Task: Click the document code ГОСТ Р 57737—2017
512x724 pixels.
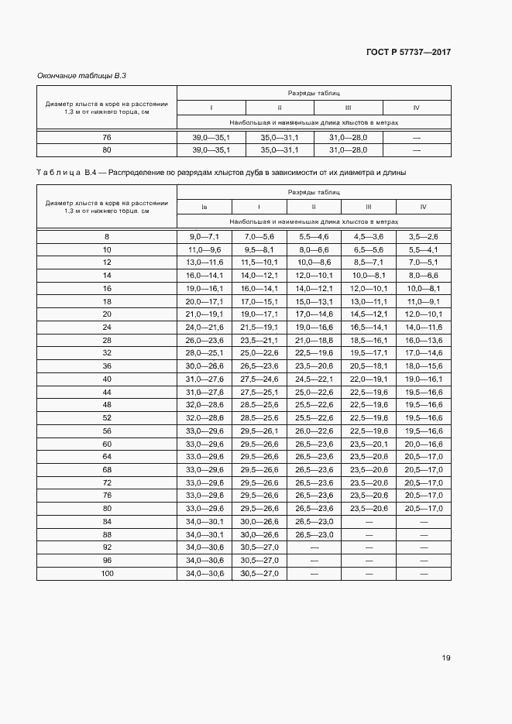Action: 407,52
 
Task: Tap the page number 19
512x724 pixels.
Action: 446,658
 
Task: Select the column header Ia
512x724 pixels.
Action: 204,207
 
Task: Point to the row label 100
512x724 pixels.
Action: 107,574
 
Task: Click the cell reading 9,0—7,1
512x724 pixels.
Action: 204,235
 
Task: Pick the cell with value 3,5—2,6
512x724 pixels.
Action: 423,235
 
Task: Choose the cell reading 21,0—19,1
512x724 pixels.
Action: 204,314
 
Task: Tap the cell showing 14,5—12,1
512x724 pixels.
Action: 369,314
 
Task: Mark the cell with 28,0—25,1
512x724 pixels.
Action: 204,353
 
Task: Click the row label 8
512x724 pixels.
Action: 107,235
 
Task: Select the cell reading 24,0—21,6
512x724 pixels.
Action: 204,327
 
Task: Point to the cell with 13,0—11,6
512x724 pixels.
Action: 204,262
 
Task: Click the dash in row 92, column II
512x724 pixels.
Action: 314,547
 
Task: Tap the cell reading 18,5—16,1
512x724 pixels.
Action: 369,340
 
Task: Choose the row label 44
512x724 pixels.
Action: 107,392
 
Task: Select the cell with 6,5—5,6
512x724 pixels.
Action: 369,249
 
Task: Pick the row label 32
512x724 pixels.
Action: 107,353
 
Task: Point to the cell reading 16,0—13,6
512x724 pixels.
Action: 423,340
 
